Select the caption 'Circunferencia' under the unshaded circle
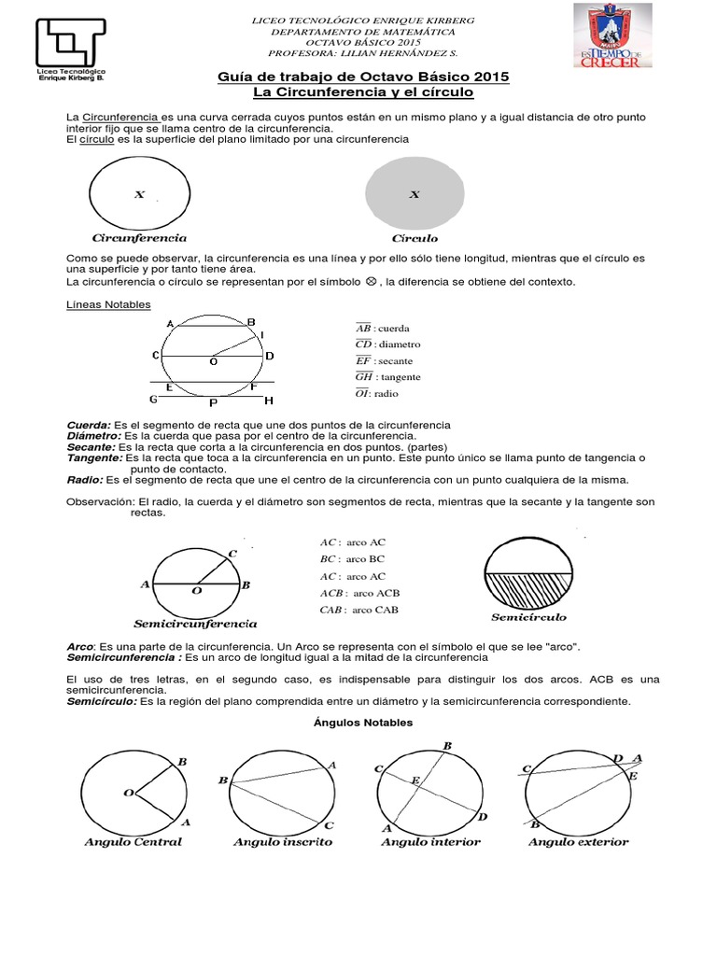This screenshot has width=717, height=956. pos(139,238)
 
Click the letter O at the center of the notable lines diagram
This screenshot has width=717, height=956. pos(214,361)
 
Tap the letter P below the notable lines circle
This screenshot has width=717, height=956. pos(213,403)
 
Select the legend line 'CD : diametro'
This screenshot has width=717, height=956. pos(388,344)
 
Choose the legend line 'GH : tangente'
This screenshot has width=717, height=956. pos(388,377)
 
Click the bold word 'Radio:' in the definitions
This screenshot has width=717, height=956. pos(84,480)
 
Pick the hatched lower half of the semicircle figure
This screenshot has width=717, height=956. pos(527,588)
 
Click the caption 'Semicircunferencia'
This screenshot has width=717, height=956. pos(195,623)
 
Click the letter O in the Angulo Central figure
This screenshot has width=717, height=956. pos(127,793)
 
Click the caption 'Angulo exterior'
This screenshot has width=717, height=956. pos(578,842)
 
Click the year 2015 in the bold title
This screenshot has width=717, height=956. pos(485,77)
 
